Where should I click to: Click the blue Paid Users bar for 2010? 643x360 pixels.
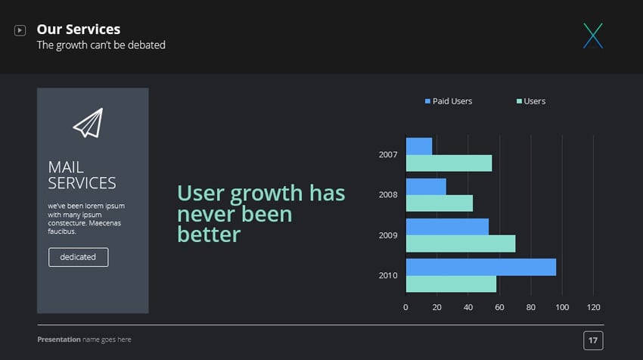coord(481,267)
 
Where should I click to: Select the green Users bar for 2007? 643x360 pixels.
coord(449,163)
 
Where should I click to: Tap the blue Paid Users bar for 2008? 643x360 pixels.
coord(426,186)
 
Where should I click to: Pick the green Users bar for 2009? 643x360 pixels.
coord(461,244)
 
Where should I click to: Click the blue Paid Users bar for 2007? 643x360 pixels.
coord(419,146)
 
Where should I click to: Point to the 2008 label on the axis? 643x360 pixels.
coord(388,194)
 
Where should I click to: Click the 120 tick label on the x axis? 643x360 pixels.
coord(593,307)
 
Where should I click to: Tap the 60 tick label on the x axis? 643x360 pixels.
coord(499,307)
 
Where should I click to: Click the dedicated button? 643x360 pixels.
coord(78,257)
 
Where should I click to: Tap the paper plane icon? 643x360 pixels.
coord(88,123)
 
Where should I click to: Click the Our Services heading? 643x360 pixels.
coord(79,29)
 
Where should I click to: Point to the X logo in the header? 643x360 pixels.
coord(593,36)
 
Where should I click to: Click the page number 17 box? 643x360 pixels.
coord(593,341)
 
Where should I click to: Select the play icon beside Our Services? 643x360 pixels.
coord(20,30)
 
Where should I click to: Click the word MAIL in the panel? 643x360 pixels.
coord(66,167)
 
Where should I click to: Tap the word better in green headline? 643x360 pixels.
coord(209,234)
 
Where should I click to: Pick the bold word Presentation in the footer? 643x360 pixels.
coord(58,340)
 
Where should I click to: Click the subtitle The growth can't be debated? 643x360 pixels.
coord(101,45)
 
